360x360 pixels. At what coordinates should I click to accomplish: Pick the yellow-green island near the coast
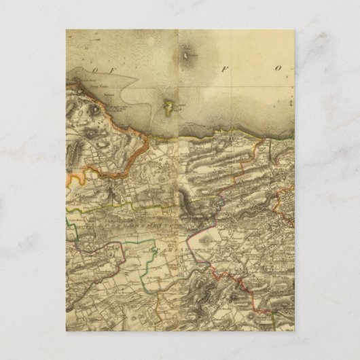coord(168,105)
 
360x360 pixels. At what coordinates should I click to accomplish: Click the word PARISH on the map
coord(168,249)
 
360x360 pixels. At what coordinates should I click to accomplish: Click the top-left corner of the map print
coord(67,30)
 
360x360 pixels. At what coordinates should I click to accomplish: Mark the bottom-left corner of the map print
coord(67,331)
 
